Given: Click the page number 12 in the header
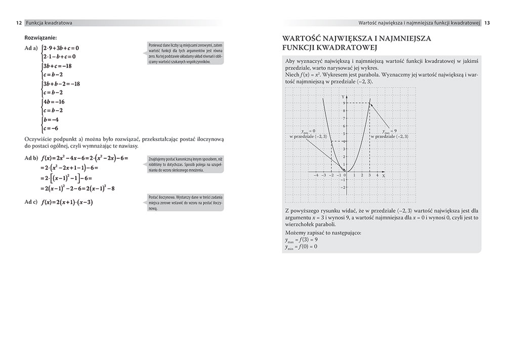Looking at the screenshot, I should coord(18,23).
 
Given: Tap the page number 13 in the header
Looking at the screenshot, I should coord(487,23).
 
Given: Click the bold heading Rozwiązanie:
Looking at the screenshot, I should coord(40,38).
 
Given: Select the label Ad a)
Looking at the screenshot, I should coord(31,49).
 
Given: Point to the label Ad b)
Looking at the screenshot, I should coord(31,158).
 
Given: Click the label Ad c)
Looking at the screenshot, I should coord(31,202).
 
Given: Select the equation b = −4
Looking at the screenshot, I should coord(53,120).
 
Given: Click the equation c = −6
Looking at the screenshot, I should coord(52,128).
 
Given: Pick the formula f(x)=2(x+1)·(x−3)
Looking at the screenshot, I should coord(67,203).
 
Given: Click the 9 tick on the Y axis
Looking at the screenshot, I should coord(344,103).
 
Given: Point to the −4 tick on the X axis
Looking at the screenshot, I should coord(316,175).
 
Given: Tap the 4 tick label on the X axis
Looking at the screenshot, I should coord(376,175).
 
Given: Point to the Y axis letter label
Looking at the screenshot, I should coord(343,96).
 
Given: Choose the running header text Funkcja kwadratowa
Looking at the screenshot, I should coord(49,23).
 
